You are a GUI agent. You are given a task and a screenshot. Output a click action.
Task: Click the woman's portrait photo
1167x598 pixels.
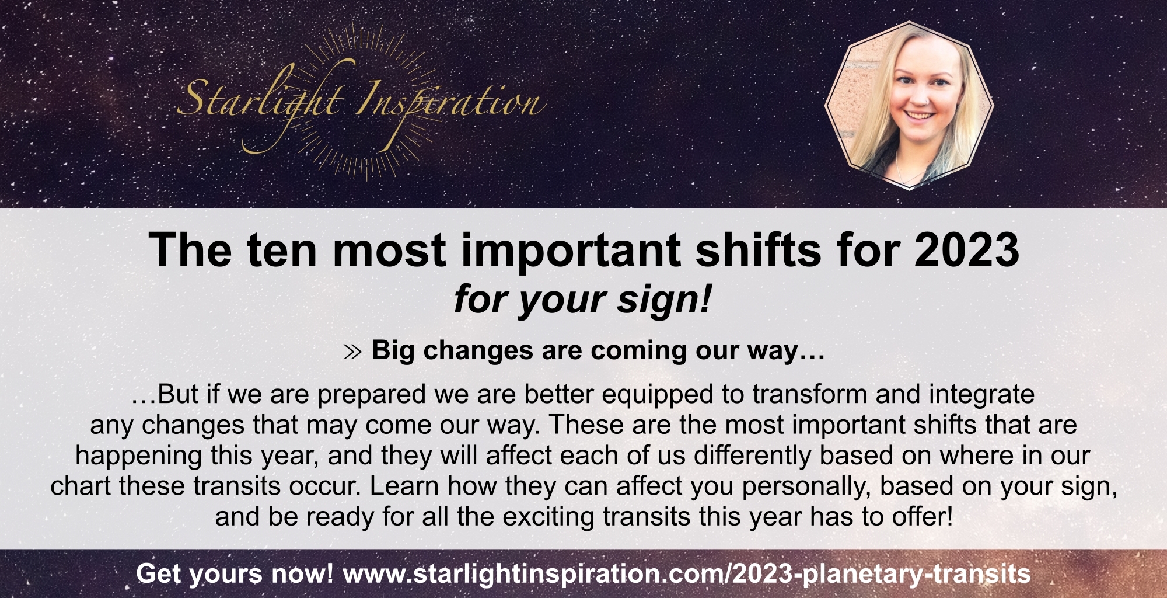(909, 105)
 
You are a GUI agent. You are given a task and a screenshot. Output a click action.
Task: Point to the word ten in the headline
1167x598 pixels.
(281, 250)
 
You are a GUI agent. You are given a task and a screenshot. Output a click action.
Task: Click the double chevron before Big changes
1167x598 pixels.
(352, 352)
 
